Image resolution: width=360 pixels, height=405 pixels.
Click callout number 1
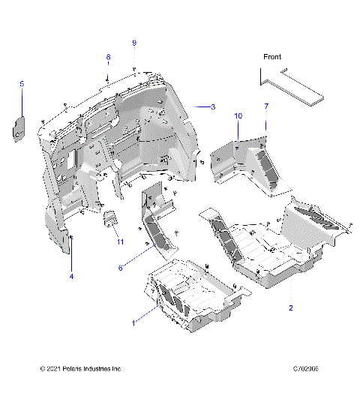tap(133, 323)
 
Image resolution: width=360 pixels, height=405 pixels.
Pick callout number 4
tap(71, 277)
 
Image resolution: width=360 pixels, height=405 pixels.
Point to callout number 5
tap(22, 84)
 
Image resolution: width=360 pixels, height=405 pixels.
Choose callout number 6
tap(120, 268)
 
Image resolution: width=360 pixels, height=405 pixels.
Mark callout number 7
tap(265, 107)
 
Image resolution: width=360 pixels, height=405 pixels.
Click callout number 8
tap(107, 58)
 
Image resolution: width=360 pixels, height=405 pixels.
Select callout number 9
tap(134, 43)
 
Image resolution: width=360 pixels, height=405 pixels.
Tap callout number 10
tap(238, 116)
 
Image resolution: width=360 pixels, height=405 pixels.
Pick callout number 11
tap(119, 241)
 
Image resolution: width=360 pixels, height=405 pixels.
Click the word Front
tap(272, 57)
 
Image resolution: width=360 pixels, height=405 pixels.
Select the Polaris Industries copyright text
tap(81, 369)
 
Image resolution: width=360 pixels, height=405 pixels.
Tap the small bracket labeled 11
tap(109, 221)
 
